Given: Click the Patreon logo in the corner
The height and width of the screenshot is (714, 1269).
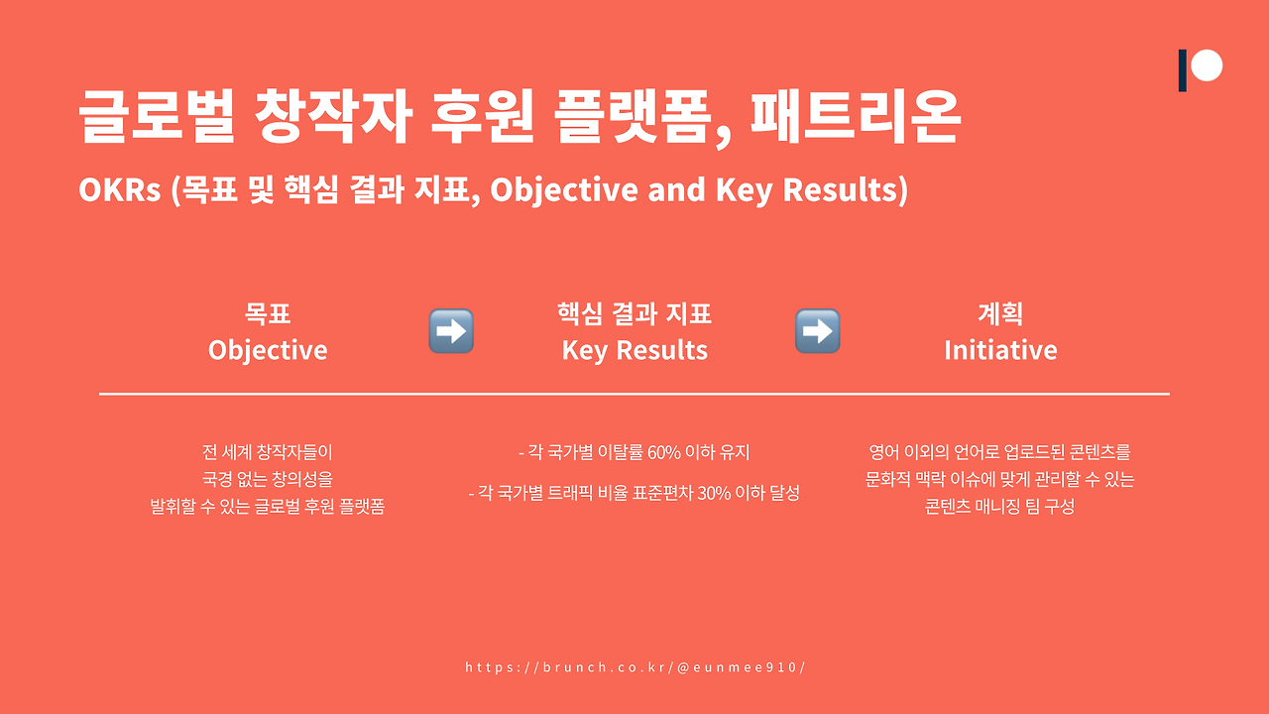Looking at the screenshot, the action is coord(1201,69).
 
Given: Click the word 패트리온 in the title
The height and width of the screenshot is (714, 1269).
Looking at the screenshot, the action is coord(856,117).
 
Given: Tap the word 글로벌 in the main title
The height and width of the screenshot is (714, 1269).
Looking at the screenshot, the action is coord(157,117).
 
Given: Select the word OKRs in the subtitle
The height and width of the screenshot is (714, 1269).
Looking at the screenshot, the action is coord(120,189).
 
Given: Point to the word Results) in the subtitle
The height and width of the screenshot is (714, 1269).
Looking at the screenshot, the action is coord(846,190).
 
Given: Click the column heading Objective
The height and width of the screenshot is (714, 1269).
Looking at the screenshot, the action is coord(268,350).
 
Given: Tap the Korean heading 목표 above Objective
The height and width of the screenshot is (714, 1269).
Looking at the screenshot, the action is coord(268,314).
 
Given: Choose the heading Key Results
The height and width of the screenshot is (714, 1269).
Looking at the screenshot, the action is coord(634,350).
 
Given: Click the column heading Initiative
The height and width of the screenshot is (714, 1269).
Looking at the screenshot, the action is coord(1000,350).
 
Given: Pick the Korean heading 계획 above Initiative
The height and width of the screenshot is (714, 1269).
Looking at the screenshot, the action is coord(1000,314).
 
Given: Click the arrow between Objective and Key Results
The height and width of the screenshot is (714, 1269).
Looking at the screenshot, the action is coord(451,331).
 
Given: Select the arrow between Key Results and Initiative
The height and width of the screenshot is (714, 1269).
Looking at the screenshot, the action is coord(818,331).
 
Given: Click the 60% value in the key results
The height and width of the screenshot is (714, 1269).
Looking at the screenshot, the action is coord(663,453).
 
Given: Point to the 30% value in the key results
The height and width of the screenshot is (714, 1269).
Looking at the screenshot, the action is coord(714,493).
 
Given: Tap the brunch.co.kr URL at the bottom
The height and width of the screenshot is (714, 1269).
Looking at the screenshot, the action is coord(634,667).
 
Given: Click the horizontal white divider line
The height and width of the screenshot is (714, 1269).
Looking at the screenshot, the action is coord(634,394).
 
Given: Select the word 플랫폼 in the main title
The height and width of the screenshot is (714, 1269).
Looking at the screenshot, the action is coord(633,117).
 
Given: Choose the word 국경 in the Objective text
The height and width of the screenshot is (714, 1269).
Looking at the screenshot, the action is coord(217,479).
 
